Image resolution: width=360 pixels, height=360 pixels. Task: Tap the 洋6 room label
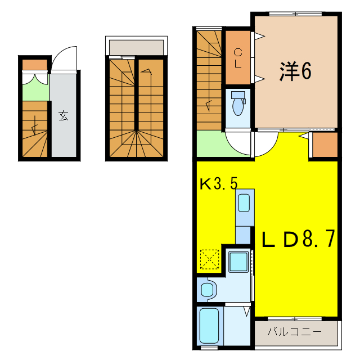295,71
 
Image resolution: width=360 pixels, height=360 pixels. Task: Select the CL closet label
238,58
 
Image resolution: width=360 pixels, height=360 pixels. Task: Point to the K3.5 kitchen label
219,183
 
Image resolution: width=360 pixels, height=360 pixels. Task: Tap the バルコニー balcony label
294,332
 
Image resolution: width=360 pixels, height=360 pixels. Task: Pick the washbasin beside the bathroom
208,290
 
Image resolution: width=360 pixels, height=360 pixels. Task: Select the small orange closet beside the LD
325,146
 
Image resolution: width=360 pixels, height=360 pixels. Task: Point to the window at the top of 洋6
295,14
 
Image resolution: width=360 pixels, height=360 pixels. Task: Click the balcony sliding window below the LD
295,319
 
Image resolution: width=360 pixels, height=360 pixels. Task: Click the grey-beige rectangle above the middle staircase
137,47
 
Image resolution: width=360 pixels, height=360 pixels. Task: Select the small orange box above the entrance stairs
35,64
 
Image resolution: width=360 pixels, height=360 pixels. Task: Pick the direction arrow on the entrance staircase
36,126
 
